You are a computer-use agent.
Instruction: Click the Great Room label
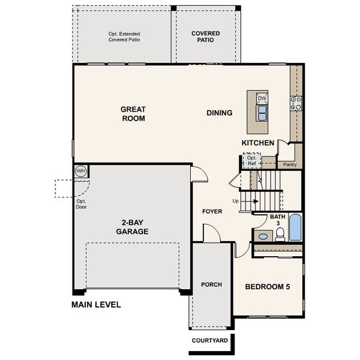pos(133,113)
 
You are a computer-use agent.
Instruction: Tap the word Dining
pos(219,113)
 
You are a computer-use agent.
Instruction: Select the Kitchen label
pos(258,143)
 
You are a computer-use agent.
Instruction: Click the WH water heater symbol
pos(80,172)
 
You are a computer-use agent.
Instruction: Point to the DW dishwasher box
pos(262,98)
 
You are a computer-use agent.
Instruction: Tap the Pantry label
pos(290,164)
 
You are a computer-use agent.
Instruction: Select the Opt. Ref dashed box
pos(251,161)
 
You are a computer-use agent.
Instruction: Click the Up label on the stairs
pos(236,201)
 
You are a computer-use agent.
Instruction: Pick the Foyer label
pos(212,211)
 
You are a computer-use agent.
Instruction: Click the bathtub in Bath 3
pos(294,228)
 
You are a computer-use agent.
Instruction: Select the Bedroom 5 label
pos(268,287)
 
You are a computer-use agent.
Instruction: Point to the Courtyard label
pos(209,341)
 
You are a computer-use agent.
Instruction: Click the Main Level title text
pos(96,305)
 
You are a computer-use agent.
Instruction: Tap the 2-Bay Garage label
pos(132,226)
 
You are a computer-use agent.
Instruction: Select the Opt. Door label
pos(82,204)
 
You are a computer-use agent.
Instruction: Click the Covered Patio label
pos(205,37)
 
